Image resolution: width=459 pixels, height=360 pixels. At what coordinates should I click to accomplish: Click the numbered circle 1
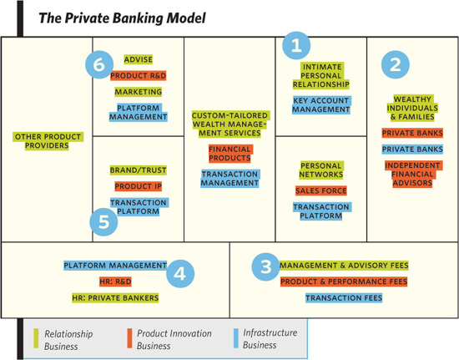(296, 45)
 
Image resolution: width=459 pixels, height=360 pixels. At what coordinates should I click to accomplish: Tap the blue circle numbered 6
(99, 65)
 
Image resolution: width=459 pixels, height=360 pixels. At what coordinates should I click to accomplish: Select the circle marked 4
(180, 274)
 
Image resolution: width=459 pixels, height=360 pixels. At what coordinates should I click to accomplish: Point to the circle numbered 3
(265, 266)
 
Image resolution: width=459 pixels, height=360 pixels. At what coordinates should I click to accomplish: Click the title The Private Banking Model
(123, 18)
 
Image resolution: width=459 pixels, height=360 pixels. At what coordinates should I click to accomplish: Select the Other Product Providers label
(48, 141)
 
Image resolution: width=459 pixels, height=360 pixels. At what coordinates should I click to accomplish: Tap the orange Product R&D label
(139, 75)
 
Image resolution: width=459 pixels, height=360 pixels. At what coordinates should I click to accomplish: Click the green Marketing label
(139, 92)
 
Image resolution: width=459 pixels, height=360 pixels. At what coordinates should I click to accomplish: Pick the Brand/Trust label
(139, 170)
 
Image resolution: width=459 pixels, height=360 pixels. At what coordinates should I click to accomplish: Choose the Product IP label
(139, 186)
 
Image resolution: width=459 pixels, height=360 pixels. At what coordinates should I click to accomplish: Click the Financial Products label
(229, 154)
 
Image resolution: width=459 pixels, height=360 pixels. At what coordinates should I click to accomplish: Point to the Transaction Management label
(229, 179)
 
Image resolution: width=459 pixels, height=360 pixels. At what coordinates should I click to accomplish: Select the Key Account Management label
(321, 105)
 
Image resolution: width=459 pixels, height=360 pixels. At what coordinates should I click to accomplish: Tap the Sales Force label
(321, 190)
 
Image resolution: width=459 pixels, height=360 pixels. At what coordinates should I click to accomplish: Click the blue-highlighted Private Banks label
(412, 150)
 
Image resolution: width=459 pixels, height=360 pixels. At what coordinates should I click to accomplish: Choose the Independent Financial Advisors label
(412, 174)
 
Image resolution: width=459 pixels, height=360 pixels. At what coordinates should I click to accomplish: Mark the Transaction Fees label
(344, 298)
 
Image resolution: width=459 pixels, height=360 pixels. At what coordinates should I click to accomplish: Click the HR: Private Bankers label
(115, 298)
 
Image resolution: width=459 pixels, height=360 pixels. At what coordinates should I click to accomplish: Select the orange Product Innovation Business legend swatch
(129, 338)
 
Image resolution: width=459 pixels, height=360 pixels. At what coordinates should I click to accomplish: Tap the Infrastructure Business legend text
(270, 338)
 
